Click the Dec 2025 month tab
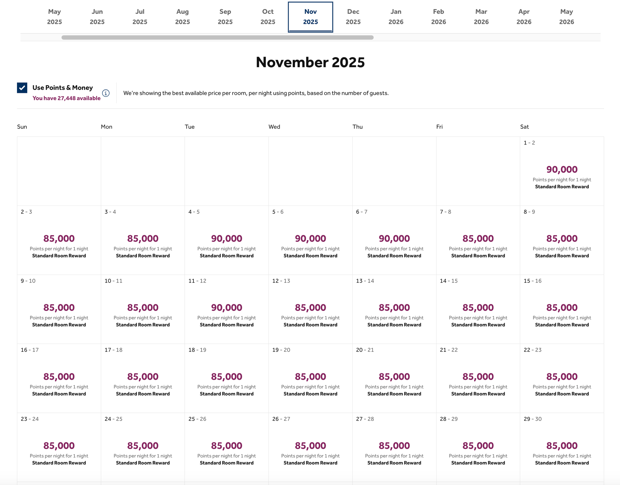click(x=353, y=17)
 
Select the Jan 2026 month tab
click(x=396, y=17)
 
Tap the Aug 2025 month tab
click(x=182, y=17)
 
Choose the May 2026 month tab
click(x=566, y=17)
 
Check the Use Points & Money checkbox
click(x=22, y=88)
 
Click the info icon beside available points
click(x=106, y=93)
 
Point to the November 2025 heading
click(x=310, y=62)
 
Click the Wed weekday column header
click(x=274, y=127)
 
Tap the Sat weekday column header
click(x=524, y=127)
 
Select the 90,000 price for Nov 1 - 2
click(x=562, y=170)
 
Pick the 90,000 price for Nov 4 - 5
click(x=226, y=239)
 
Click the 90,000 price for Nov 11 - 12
click(x=226, y=308)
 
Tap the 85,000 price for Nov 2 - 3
click(x=59, y=239)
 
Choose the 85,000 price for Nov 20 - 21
click(x=394, y=377)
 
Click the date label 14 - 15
click(x=449, y=281)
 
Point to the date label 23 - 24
click(x=30, y=419)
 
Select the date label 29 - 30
click(x=533, y=419)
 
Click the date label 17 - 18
click(x=114, y=350)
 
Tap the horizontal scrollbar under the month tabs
click(x=217, y=38)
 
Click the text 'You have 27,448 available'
click(x=66, y=98)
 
